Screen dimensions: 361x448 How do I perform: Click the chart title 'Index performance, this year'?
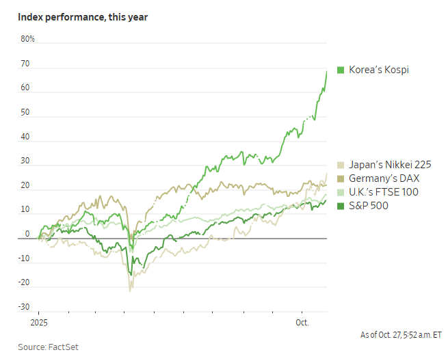click(x=83, y=16)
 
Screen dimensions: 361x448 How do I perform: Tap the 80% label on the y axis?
click(x=28, y=39)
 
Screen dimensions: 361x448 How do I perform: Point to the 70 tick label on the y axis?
click(x=26, y=64)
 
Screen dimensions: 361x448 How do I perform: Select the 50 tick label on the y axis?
click(x=26, y=112)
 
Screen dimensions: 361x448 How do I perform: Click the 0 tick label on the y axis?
click(x=28, y=234)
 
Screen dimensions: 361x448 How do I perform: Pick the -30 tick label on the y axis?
click(x=25, y=307)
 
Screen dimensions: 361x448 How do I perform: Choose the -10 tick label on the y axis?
click(x=25, y=258)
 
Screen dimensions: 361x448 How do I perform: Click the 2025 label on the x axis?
click(x=39, y=321)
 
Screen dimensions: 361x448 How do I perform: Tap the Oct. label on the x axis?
click(x=302, y=321)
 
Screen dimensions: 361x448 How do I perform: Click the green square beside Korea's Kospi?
click(x=340, y=70)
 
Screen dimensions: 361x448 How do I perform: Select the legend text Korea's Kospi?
click(x=379, y=70)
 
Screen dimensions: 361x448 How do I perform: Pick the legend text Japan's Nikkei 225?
click(x=390, y=165)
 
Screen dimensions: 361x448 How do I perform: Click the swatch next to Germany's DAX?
click(x=340, y=178)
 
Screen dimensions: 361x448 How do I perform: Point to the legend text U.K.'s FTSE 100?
click(x=384, y=192)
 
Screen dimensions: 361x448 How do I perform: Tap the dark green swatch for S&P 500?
click(x=340, y=205)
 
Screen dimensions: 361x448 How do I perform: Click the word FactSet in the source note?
click(x=64, y=347)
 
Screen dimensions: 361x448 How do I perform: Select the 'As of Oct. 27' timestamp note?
click(x=401, y=335)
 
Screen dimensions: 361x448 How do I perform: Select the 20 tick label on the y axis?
click(x=26, y=185)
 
